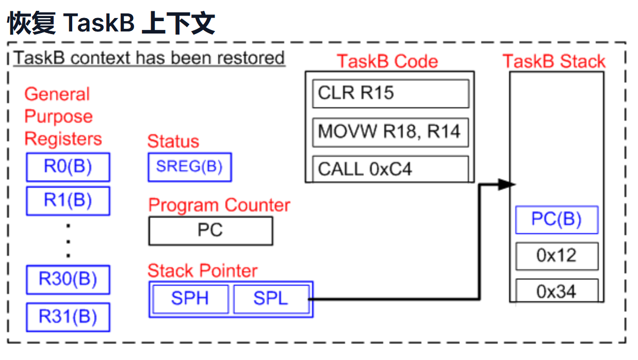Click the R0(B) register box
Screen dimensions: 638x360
point(68,167)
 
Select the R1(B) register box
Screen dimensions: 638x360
point(68,201)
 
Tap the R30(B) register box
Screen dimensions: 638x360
point(68,280)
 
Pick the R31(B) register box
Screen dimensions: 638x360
point(68,317)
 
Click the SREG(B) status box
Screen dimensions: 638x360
point(190,167)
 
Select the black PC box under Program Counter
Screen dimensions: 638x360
point(210,231)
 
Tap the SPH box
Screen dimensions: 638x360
point(190,299)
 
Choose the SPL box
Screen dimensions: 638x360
point(271,299)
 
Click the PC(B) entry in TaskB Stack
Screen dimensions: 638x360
point(557,220)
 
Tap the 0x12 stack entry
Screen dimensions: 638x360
point(557,256)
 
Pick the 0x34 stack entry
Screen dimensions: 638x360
point(557,290)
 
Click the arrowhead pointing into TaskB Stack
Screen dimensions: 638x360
point(506,185)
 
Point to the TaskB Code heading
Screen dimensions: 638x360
point(387,61)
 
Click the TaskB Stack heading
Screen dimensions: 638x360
point(554,61)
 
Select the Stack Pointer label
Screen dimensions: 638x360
point(203,271)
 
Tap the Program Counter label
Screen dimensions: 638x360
point(219,205)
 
